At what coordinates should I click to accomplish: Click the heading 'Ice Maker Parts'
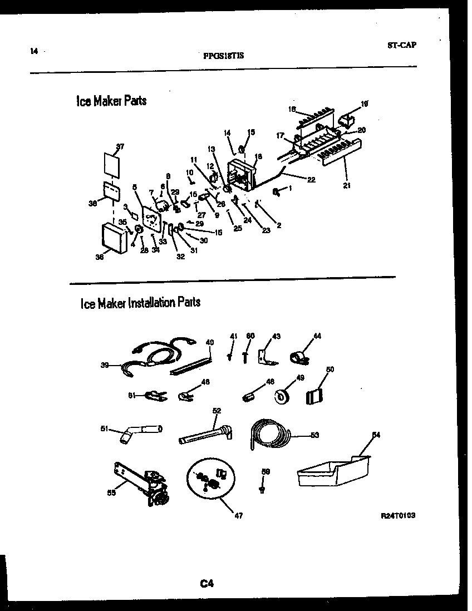111,101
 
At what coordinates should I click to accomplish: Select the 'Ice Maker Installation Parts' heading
140,303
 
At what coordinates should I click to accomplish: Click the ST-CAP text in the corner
401,45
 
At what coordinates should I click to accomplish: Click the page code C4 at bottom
207,584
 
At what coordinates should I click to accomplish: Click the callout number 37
120,146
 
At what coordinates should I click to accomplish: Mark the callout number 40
209,343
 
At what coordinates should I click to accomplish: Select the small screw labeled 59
261,489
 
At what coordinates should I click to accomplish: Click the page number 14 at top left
34,51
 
